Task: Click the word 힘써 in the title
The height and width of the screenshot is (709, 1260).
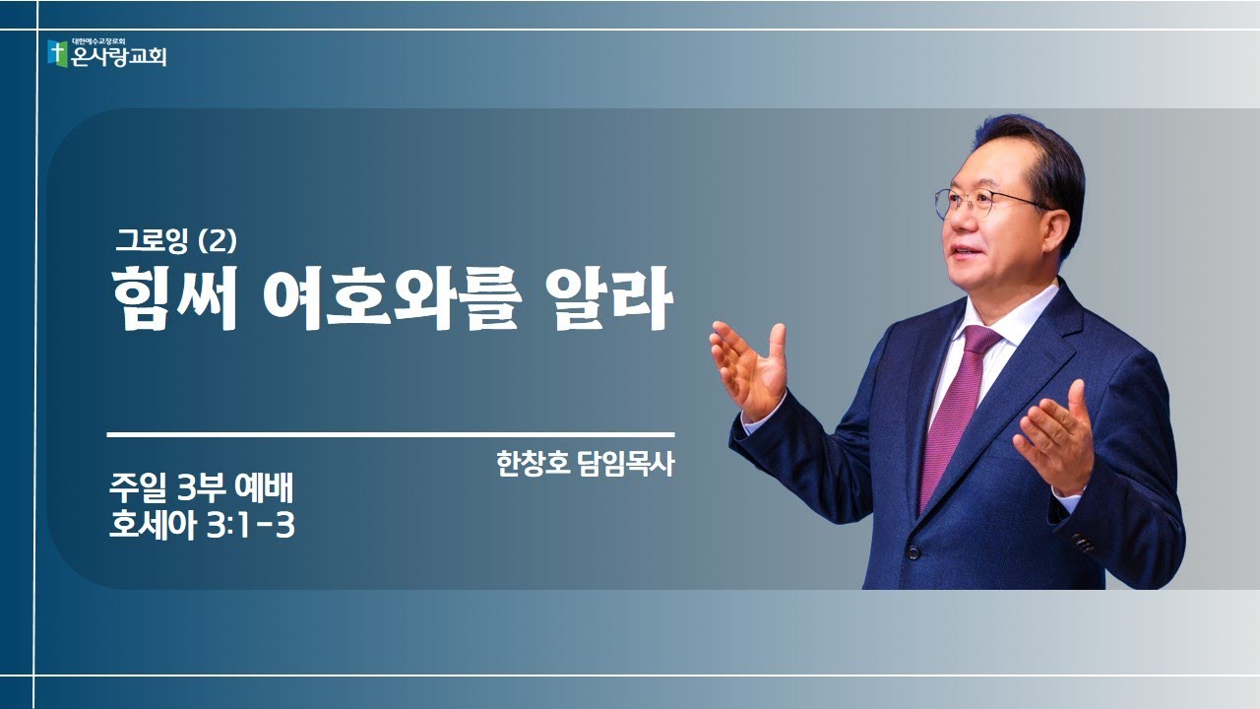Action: click(173, 298)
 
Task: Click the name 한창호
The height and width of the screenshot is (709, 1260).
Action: click(533, 464)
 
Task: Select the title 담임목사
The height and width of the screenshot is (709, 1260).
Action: click(626, 464)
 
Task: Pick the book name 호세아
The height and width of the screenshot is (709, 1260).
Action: click(154, 526)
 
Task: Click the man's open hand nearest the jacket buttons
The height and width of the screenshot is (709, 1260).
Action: click(1056, 440)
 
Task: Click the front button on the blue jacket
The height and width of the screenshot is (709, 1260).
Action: click(913, 552)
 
